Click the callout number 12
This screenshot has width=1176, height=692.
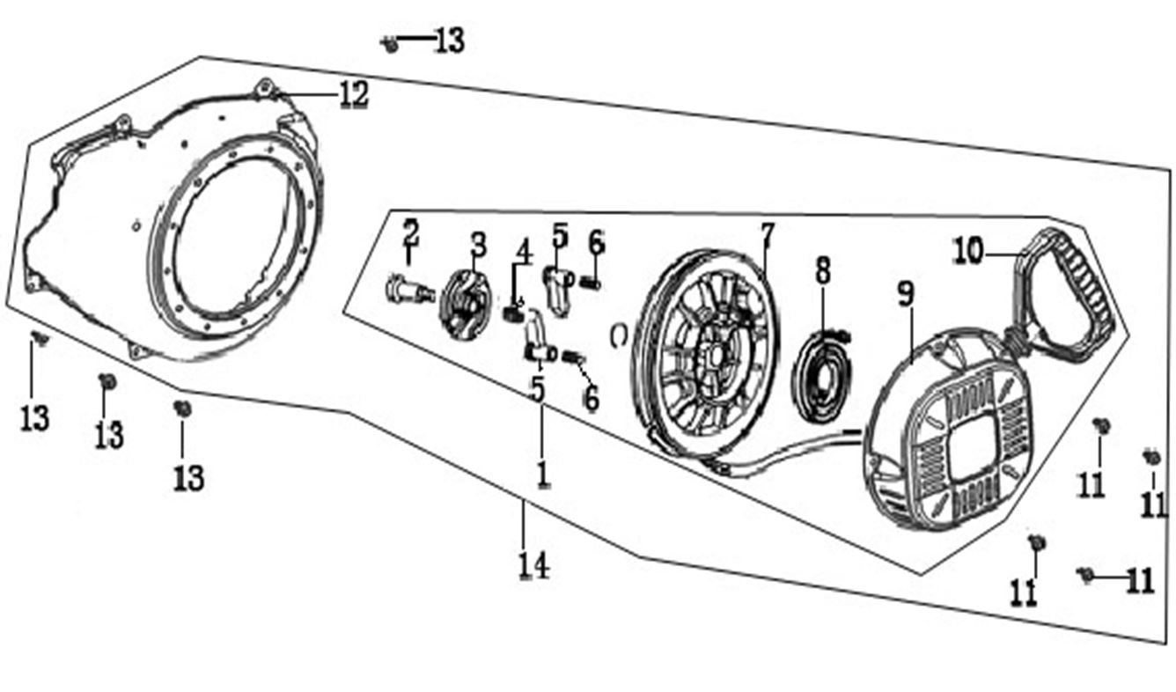(x=352, y=95)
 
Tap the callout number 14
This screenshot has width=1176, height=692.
(x=534, y=564)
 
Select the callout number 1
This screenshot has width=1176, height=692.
(x=542, y=473)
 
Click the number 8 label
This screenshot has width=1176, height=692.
(x=822, y=270)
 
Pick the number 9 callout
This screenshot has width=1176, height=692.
(x=906, y=295)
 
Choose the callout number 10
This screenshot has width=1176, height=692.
(x=967, y=252)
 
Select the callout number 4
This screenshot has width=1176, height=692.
(x=525, y=251)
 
